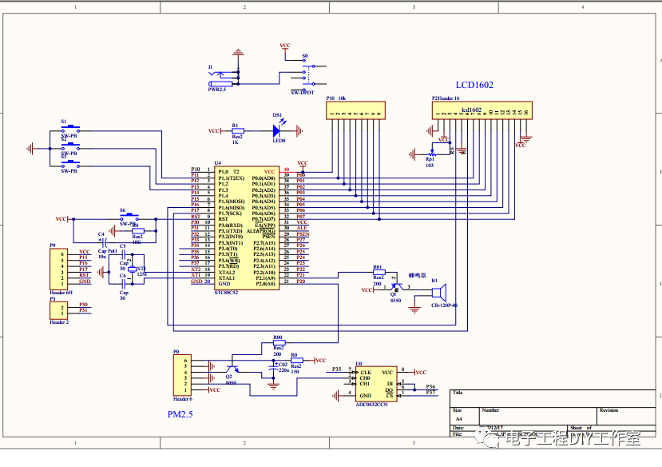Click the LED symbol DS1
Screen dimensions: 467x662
(x=278, y=130)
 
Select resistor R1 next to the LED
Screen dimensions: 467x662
(x=236, y=130)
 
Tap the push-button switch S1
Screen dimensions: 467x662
(x=69, y=128)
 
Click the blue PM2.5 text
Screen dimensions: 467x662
(x=180, y=414)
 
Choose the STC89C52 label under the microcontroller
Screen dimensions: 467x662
(x=226, y=292)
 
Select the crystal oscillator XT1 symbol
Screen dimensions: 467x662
(x=133, y=269)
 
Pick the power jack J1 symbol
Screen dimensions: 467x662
(x=222, y=78)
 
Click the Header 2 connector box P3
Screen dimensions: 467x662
(x=59, y=309)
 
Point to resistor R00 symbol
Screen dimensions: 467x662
(x=278, y=342)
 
